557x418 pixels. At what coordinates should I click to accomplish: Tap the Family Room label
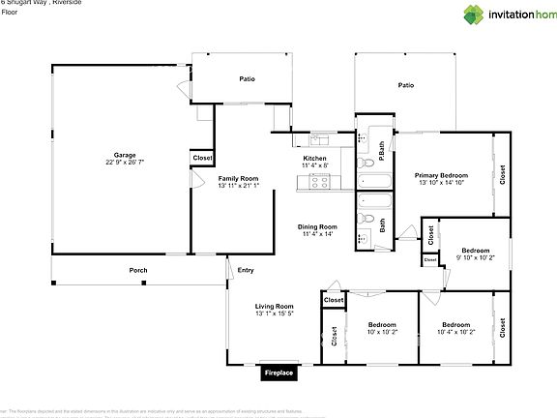[238, 179]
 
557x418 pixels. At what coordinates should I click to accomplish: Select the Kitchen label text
[315, 158]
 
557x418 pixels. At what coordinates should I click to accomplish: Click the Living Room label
[274, 306]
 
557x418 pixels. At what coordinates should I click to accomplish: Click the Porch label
[138, 270]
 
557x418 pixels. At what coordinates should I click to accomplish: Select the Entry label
[246, 270]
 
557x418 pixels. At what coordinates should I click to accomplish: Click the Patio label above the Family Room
[247, 78]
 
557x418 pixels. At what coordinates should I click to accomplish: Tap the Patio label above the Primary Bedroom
[406, 85]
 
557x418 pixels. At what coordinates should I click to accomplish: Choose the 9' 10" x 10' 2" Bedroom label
[475, 250]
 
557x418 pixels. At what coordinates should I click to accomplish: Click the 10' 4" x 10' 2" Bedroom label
[455, 324]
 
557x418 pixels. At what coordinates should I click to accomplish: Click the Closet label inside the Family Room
[203, 157]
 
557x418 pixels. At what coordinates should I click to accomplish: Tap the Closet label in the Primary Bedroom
[502, 175]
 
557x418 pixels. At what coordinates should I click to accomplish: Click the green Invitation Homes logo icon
[474, 15]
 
